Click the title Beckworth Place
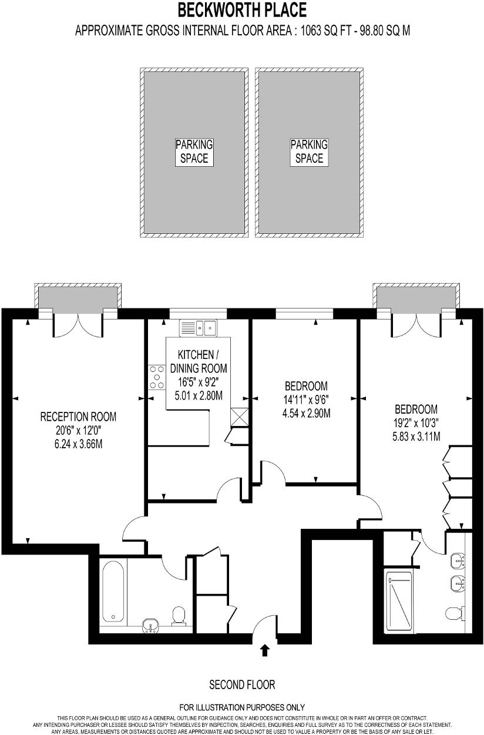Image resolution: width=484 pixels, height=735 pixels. (242, 10)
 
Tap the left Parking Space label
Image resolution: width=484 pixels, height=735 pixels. (194, 151)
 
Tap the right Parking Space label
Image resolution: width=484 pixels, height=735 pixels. (309, 151)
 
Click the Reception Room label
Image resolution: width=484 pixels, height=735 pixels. (78, 417)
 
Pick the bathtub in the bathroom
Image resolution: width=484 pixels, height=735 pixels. (113, 592)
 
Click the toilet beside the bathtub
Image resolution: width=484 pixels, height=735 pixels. (179, 615)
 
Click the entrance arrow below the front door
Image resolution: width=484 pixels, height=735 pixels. (265, 649)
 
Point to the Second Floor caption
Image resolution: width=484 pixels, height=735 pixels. (242, 684)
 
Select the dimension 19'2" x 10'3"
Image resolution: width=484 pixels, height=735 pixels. (416, 422)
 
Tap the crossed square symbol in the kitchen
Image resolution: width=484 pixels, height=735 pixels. (240, 417)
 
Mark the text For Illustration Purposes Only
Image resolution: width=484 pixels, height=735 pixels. (242, 707)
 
